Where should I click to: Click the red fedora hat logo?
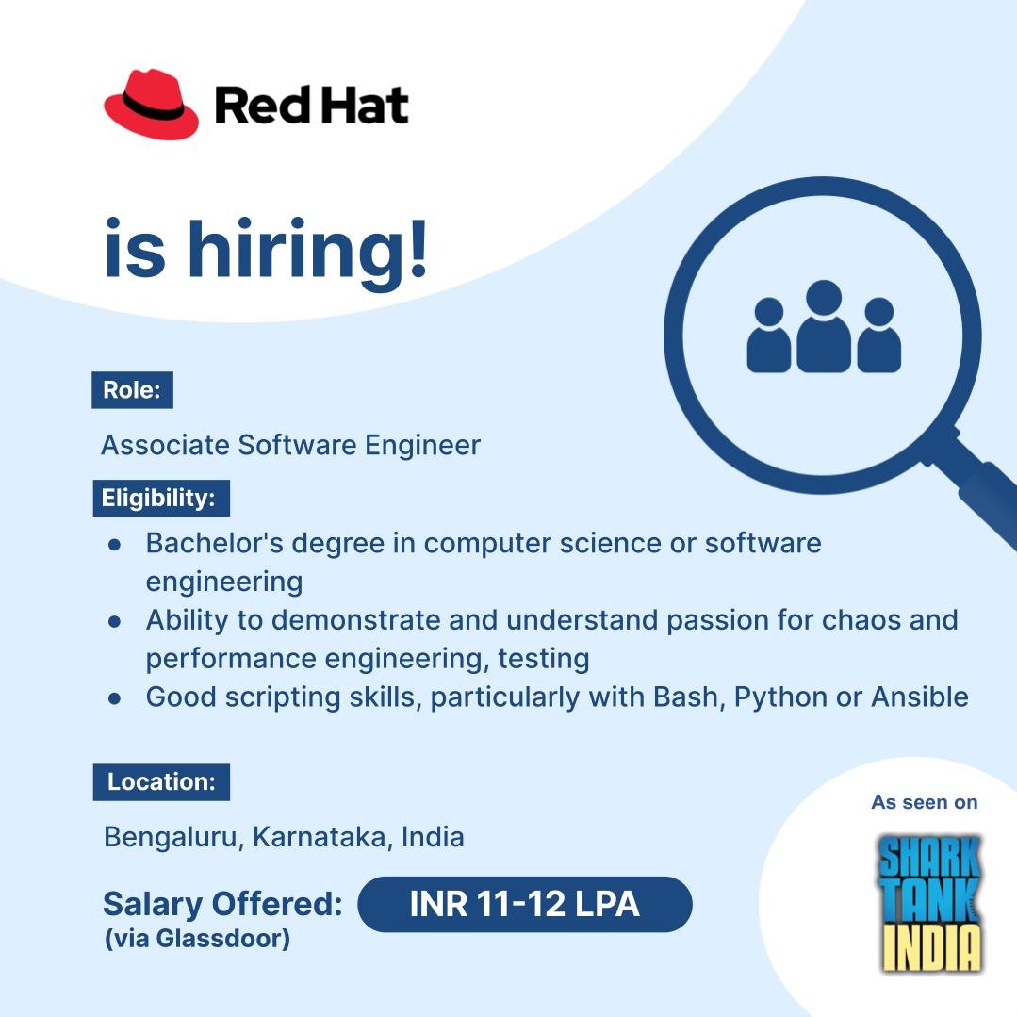point(151,105)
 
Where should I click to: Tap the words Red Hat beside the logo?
point(311,105)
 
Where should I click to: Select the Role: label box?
point(132,390)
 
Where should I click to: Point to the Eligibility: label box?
point(161,498)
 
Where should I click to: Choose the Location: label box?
point(161,782)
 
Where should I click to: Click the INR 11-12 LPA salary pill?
point(525,904)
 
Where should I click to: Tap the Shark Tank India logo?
point(930,904)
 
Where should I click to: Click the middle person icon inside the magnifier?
point(824,326)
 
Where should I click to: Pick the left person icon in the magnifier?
point(769,335)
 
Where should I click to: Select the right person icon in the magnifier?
point(878,335)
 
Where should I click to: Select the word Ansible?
point(920,697)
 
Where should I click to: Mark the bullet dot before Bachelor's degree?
point(115,545)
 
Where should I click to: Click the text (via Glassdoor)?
point(197,939)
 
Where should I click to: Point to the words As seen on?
point(925,802)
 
